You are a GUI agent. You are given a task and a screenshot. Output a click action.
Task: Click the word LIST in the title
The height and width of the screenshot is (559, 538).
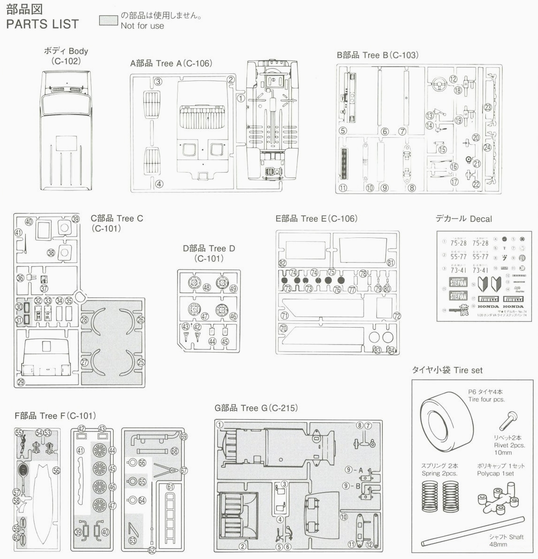tap(63, 24)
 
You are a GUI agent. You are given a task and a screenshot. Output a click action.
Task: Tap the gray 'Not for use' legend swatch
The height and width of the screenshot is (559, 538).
tap(108, 21)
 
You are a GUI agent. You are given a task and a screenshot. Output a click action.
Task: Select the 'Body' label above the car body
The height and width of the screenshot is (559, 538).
tap(78, 51)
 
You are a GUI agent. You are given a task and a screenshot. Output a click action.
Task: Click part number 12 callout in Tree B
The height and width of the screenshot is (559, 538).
tap(453, 79)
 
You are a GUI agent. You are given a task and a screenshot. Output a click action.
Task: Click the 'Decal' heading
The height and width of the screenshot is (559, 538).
tap(480, 219)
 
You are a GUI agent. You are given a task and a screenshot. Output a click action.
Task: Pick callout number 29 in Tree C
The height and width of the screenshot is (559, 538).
tap(21, 382)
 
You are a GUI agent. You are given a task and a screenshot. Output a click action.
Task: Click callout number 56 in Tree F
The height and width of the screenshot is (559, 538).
tap(56, 470)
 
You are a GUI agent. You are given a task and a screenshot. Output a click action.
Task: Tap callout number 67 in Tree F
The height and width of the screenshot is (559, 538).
tap(184, 471)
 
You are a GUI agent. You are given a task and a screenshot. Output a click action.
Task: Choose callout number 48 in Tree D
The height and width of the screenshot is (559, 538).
tap(207, 287)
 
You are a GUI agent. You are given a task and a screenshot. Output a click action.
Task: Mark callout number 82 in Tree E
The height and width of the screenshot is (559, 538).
tap(282, 263)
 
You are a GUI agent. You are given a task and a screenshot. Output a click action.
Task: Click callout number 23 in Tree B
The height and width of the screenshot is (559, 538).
tap(488, 107)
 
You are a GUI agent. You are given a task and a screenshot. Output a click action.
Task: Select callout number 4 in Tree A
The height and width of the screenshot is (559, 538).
tap(159, 184)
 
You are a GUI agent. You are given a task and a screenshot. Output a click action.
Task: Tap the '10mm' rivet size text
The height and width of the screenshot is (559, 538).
tap(503, 452)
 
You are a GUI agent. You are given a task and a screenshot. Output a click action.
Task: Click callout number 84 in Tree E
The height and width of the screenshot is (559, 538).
tap(391, 350)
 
